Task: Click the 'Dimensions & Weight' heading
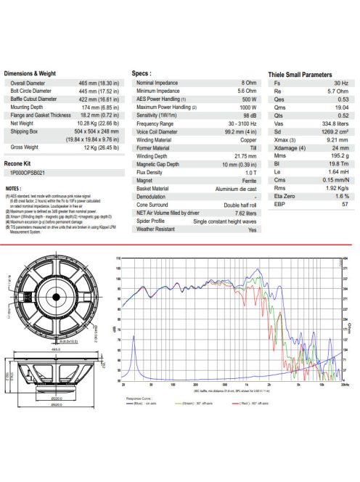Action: [x=30, y=73]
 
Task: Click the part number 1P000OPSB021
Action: [x=28, y=174]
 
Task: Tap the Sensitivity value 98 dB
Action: [x=250, y=115]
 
